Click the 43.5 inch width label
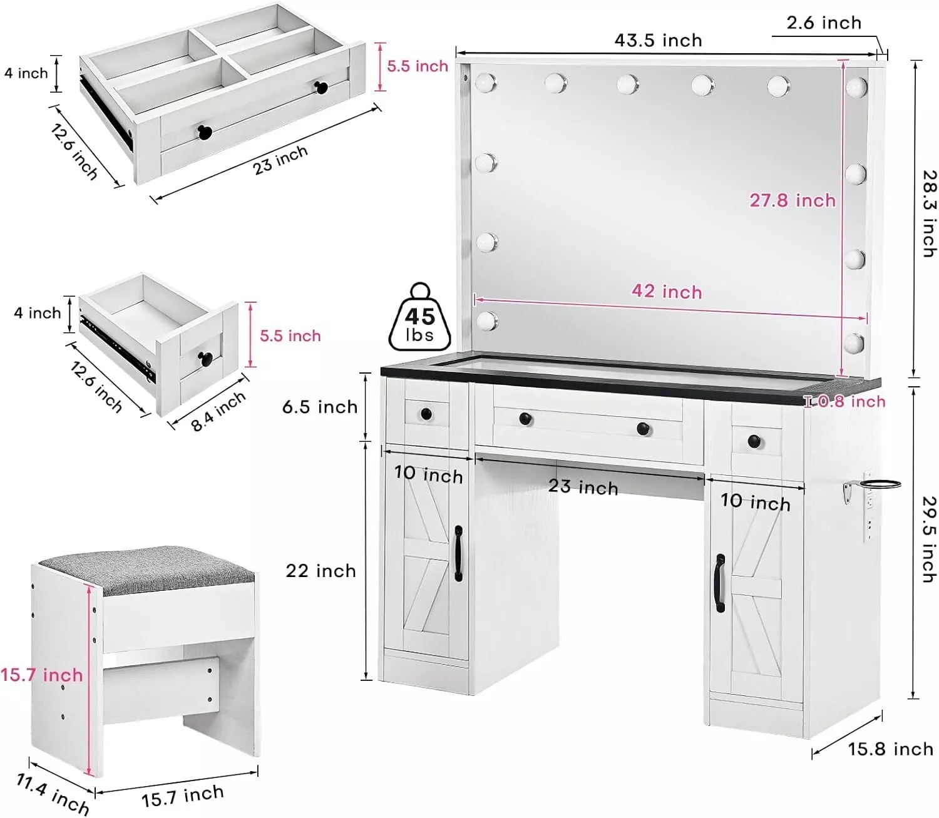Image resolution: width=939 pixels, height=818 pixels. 658,41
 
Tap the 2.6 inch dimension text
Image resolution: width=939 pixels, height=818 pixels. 824,23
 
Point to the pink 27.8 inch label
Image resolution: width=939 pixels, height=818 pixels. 793,200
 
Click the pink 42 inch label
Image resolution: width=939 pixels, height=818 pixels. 667,291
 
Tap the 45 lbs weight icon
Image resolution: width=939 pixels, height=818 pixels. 419,317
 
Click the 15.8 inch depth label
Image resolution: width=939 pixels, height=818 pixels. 890,749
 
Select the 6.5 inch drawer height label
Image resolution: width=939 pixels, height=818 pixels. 320,407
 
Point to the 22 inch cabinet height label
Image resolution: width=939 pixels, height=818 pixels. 321,571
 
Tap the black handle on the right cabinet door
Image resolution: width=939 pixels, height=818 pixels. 720,583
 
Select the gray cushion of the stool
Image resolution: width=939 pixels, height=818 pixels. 146,570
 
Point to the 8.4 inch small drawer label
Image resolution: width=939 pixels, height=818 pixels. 218,412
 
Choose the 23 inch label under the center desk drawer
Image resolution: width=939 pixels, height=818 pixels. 583,486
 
